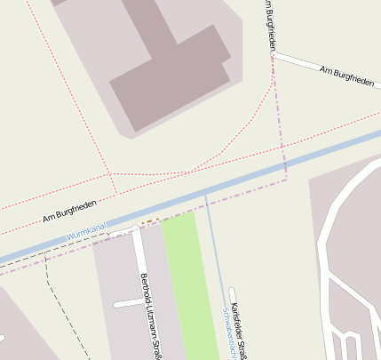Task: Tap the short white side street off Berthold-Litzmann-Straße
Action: tap(128, 303)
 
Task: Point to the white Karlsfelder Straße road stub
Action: tap(232, 294)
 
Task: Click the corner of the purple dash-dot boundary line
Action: tap(286, 179)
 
